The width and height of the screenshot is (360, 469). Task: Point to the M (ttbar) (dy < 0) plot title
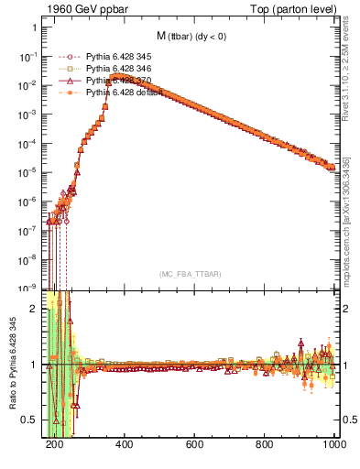coord(192,37)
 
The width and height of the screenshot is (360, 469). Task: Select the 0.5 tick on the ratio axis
coord(31,420)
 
